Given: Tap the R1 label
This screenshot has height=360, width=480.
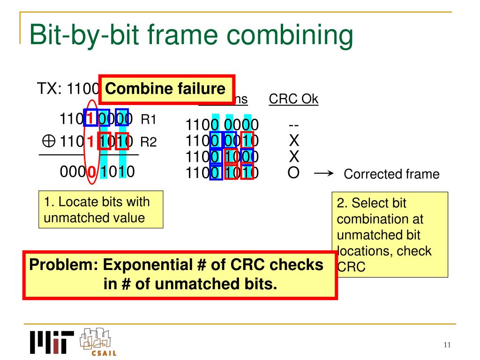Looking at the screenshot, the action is pyautogui.click(x=148, y=120).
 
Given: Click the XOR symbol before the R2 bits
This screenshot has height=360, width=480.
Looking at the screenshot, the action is pyautogui.click(x=49, y=141).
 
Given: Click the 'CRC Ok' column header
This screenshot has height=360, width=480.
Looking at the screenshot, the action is pyautogui.click(x=293, y=99).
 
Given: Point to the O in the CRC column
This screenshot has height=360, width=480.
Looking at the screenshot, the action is pyautogui.click(x=293, y=173).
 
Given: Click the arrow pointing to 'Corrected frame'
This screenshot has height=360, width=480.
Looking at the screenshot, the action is pyautogui.click(x=323, y=173).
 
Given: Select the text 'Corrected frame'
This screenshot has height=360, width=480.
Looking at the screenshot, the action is pyautogui.click(x=391, y=174).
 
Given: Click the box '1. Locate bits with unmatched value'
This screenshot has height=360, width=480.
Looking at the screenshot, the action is pyautogui.click(x=101, y=210).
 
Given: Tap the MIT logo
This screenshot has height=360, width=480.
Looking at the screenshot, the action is pyautogui.click(x=52, y=343).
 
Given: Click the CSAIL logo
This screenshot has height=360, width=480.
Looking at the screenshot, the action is pyautogui.click(x=97, y=341).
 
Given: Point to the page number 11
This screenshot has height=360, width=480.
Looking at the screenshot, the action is pyautogui.click(x=446, y=345).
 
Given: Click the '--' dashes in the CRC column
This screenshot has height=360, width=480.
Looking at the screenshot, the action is pyautogui.click(x=293, y=125).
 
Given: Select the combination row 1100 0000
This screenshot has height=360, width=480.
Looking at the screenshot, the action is pyautogui.click(x=222, y=125).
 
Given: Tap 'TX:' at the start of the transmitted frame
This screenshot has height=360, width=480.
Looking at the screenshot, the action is pyautogui.click(x=50, y=89).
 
